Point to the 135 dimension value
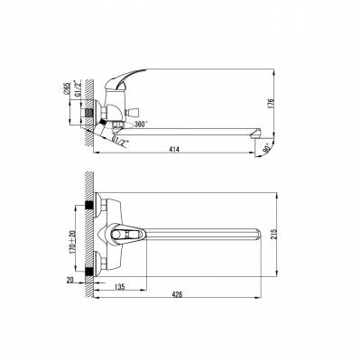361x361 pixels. click(x=119, y=287)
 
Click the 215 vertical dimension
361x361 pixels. click(x=273, y=234)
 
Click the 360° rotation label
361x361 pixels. click(x=141, y=124)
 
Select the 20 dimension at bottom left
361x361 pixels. click(x=69, y=280)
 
